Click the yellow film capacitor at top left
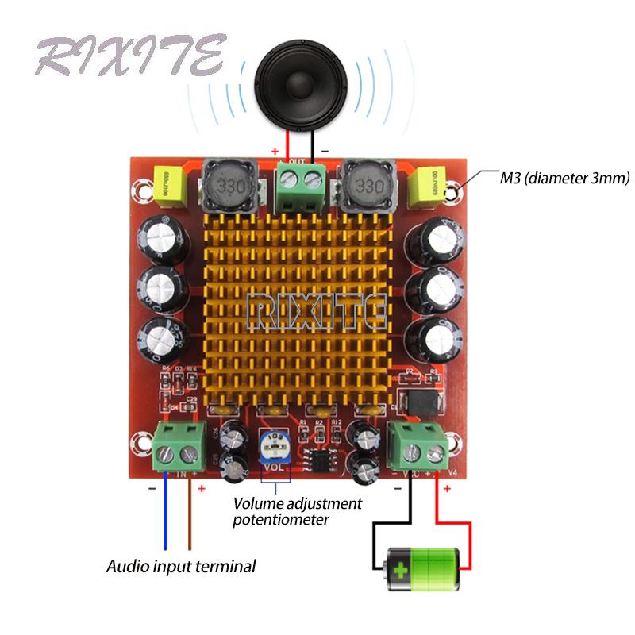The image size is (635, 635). (167, 187)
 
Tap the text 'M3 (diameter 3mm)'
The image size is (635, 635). (565, 178)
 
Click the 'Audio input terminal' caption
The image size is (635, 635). (182, 567)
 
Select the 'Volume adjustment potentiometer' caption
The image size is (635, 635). (298, 512)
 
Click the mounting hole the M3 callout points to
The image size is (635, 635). (453, 191)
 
